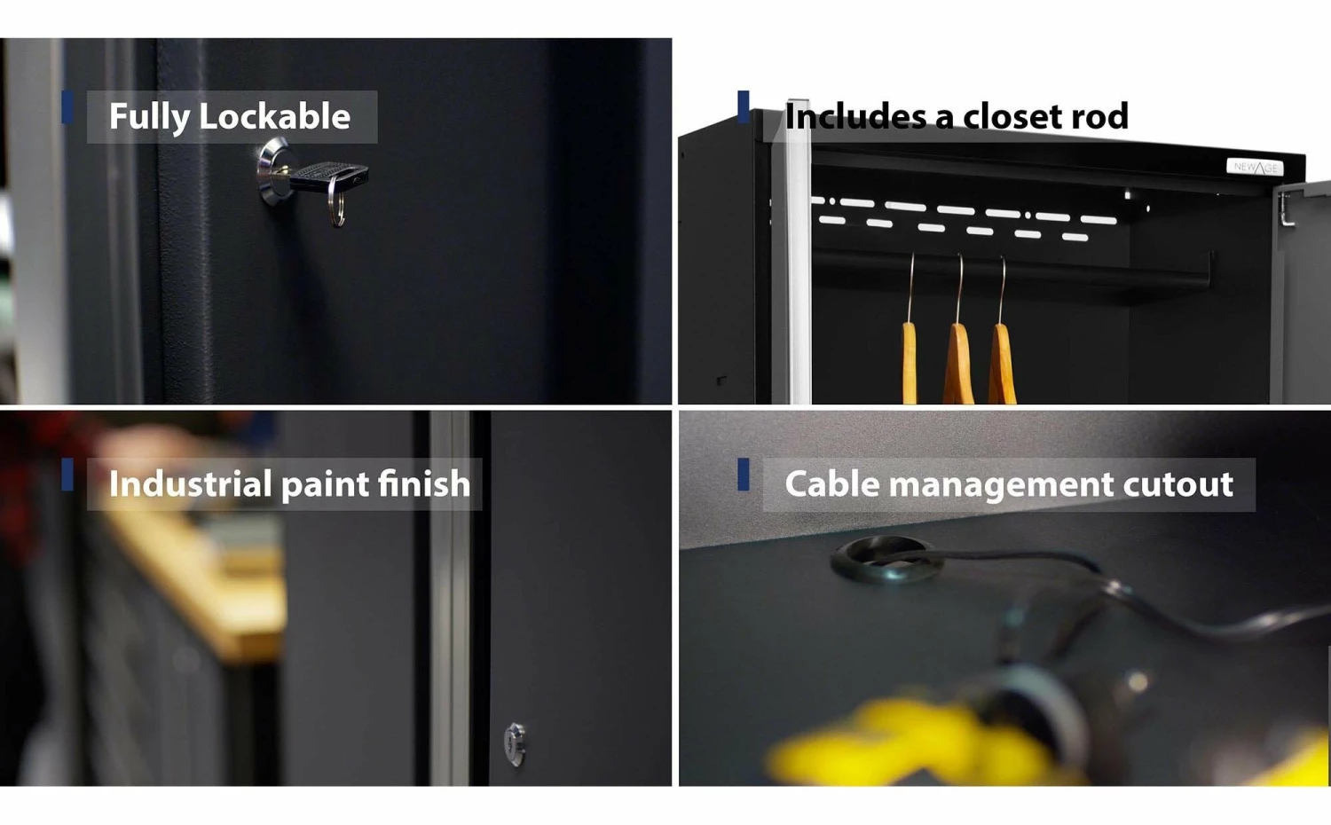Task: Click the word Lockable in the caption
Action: [274, 116]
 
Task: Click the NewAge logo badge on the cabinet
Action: [1255, 167]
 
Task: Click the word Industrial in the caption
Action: [190, 483]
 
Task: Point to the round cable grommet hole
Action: [883, 559]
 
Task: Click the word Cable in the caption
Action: [832, 484]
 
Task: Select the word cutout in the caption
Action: [1177, 484]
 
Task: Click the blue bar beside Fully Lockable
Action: [67, 107]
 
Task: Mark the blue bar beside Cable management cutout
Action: [743, 474]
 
